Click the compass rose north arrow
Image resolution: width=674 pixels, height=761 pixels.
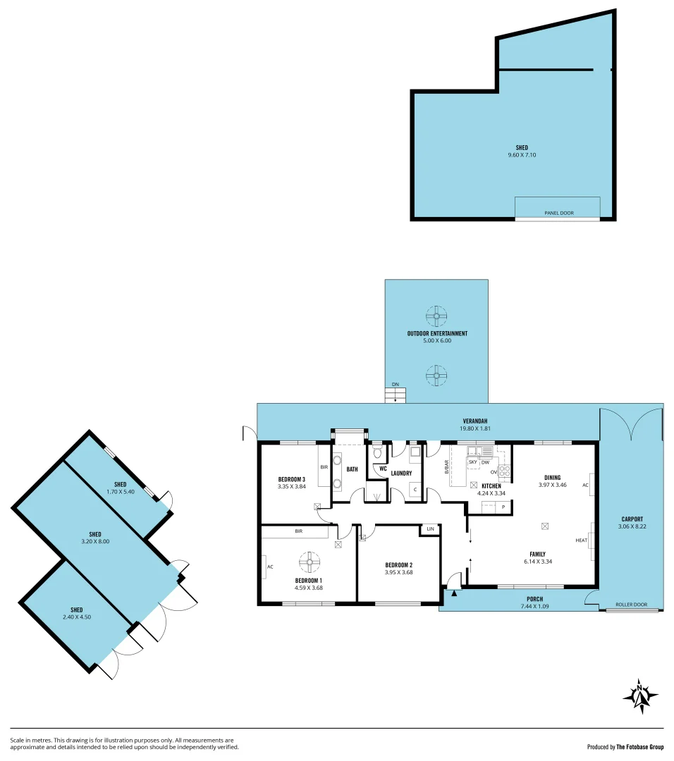tap(640, 696)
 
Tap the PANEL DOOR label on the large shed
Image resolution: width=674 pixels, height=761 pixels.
tap(558, 212)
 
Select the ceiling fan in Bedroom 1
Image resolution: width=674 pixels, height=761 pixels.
tap(310, 562)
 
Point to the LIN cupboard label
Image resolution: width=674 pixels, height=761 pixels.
tap(430, 528)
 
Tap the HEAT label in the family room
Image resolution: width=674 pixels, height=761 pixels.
tap(582, 540)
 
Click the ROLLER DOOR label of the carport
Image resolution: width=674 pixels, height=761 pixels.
tap(630, 604)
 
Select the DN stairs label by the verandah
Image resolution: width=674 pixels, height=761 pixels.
tap(396, 384)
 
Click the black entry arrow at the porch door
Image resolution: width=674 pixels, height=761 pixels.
tap(454, 593)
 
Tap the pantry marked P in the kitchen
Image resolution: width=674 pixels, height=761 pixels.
tap(503, 507)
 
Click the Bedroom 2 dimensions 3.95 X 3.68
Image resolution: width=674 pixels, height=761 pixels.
tap(398, 572)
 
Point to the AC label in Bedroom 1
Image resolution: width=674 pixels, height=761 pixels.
tap(270, 566)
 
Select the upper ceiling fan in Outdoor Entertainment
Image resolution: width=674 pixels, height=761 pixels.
tap(437, 314)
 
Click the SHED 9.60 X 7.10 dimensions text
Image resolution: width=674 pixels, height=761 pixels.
tap(522, 154)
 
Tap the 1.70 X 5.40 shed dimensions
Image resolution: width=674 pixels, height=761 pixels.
tap(121, 491)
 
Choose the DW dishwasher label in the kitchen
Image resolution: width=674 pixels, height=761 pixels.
tap(486, 462)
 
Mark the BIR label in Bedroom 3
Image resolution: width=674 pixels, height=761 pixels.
tap(324, 466)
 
